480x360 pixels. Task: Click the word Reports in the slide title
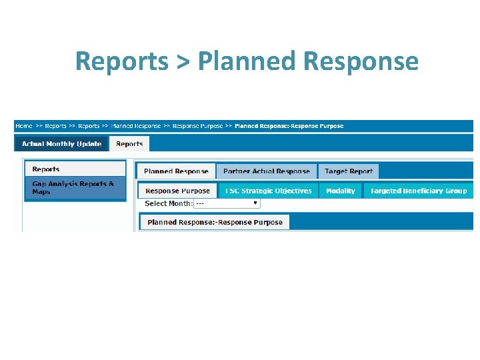tap(121, 61)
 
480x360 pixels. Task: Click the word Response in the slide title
tap(360, 61)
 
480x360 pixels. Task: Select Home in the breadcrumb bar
tap(24, 126)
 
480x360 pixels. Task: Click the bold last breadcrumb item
tap(289, 126)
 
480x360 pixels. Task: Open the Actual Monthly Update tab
tap(61, 144)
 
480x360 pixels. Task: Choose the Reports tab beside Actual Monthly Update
tap(129, 144)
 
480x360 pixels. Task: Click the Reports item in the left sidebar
tap(46, 169)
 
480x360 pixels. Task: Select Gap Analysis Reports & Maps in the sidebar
tap(73, 188)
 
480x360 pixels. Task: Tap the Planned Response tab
tap(176, 171)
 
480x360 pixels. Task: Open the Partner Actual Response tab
tap(267, 171)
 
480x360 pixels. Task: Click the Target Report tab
tap(349, 171)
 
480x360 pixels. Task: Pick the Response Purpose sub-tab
tap(177, 191)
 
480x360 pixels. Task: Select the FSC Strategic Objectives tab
tap(268, 191)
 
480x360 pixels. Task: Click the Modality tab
tap(341, 191)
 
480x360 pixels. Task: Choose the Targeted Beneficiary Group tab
tap(419, 191)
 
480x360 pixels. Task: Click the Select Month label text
tap(168, 203)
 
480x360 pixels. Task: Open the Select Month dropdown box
tap(227, 203)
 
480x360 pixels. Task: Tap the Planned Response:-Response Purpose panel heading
tap(215, 222)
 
